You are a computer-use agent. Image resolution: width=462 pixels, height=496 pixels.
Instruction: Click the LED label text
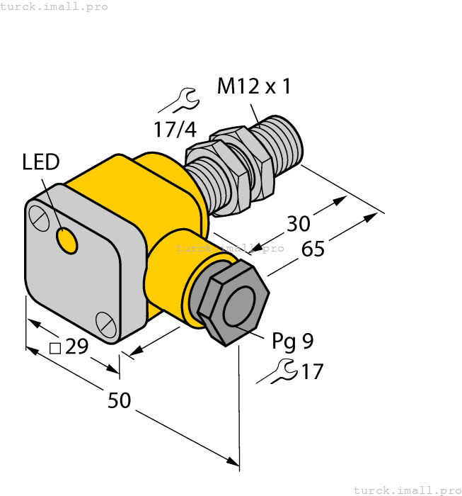coord(40,162)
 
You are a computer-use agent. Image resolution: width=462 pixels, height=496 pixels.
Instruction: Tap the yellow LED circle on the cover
coord(67,241)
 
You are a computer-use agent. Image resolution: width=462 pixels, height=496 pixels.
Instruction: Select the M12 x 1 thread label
coord(253,86)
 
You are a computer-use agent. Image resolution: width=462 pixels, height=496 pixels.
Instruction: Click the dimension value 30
coord(298,223)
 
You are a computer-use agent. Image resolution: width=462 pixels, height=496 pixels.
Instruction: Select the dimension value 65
coord(313,249)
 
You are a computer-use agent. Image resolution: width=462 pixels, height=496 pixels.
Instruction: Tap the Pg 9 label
coord(292,342)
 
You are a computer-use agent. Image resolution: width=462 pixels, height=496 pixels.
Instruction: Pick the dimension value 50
coord(119,401)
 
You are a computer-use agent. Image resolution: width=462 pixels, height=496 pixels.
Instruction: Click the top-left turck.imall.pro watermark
coord(54,6)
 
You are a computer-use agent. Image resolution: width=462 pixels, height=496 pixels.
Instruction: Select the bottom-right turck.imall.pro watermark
coord(407,490)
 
